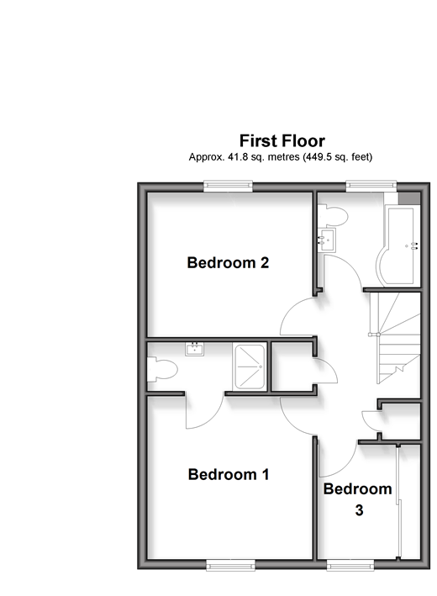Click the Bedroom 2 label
(228, 262)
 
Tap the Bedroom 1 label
(229, 474)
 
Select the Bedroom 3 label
(357, 499)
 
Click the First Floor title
(282, 141)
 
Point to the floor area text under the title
(281, 157)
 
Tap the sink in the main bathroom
(326, 240)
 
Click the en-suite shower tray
(249, 367)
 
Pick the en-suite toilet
(162, 369)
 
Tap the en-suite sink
(195, 349)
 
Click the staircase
(395, 338)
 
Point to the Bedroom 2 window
(228, 186)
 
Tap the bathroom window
(371, 186)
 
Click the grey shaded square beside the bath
(409, 198)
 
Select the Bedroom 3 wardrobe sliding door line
(398, 502)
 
